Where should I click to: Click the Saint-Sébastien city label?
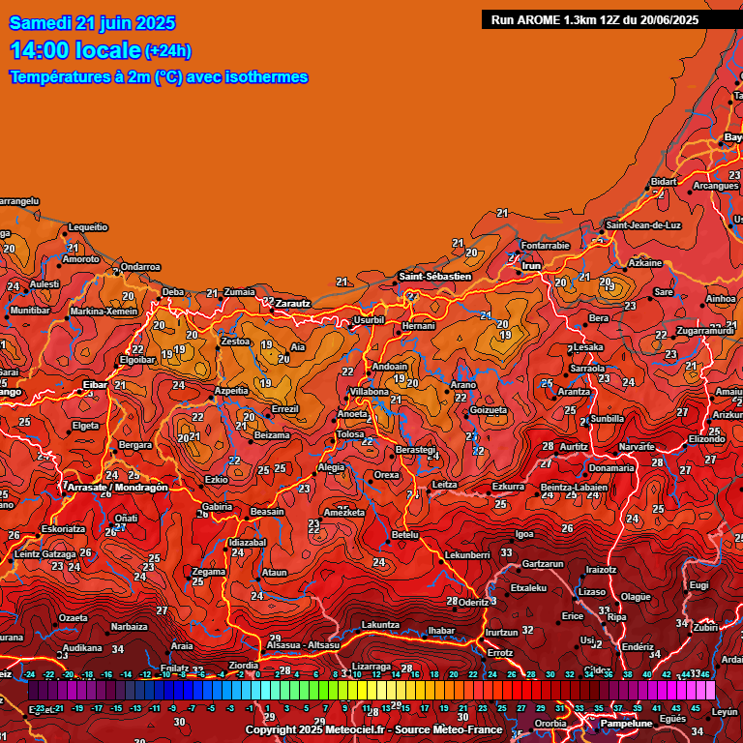point(434,277)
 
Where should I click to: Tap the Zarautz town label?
point(292,303)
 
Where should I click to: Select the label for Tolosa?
point(349,434)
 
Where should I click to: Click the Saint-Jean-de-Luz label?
point(643,225)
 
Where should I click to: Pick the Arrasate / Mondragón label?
point(117,488)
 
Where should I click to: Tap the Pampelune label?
point(626,723)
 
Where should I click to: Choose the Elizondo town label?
point(706,438)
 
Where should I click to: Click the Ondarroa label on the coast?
point(140,267)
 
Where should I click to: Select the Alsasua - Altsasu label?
point(303,644)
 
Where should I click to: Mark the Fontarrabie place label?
point(546,245)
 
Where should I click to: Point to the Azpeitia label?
point(231,390)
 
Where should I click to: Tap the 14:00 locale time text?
point(74,50)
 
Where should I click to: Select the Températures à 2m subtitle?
point(159,76)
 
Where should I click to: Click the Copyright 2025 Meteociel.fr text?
point(371,729)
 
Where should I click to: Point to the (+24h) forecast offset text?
point(168,51)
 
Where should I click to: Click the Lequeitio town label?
point(88,226)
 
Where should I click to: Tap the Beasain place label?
point(267,512)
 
